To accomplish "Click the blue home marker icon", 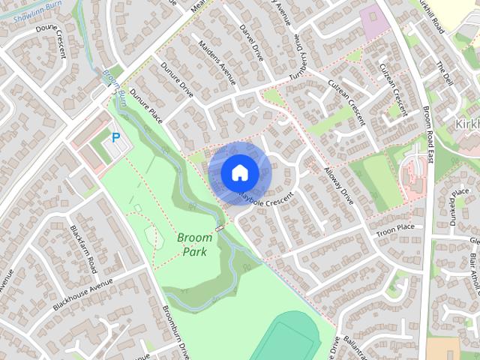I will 239,172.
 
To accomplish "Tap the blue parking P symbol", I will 115,137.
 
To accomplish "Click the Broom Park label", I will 194,244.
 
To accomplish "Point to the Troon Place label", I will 395,227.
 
